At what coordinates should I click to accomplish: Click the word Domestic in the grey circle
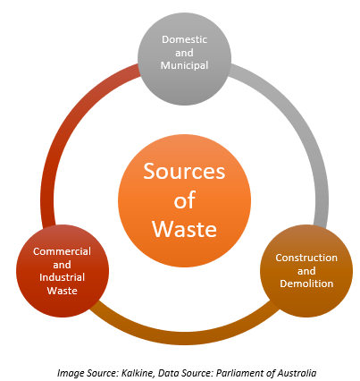184,39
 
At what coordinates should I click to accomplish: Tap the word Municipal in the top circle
184,65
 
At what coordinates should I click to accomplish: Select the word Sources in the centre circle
184,171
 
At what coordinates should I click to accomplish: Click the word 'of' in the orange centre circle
185,199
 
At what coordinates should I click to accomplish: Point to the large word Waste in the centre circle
185,228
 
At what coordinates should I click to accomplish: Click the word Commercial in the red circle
62,251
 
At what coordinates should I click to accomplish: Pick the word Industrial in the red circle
62,277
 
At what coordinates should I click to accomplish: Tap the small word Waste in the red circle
62,291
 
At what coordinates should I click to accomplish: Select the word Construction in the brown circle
306,258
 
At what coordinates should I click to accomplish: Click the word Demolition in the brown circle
306,284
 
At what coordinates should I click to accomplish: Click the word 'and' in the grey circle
184,53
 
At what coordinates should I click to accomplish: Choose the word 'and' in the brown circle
306,271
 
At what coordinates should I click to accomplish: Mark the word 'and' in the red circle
62,265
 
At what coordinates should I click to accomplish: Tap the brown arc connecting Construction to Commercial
185,338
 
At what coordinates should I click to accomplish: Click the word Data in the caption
168,373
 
